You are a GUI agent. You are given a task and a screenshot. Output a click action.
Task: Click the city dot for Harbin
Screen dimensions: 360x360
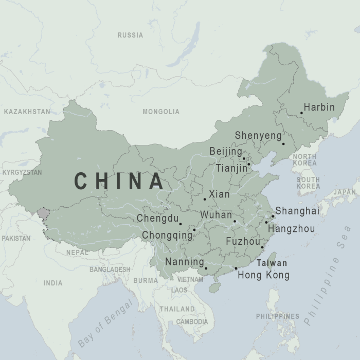(301, 113)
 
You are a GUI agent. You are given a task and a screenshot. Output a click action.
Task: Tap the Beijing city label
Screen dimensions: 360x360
(225, 152)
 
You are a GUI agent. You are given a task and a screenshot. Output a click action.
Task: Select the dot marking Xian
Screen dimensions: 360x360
(205, 199)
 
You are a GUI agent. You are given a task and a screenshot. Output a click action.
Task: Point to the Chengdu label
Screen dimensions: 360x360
(157, 219)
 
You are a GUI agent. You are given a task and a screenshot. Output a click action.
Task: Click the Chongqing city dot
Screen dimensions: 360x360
(194, 229)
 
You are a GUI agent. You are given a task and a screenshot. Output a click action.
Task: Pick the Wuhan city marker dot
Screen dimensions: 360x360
(235, 222)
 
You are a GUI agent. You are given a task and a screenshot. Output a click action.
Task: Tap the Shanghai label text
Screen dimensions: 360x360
(297, 211)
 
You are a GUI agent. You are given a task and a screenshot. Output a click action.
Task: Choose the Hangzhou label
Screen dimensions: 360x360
(292, 228)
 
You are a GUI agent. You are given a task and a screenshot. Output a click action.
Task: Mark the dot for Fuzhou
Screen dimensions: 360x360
(262, 247)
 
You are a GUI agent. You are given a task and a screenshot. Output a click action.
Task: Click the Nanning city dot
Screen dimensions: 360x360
(206, 268)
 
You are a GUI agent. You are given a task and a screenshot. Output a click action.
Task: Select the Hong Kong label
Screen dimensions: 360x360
(263, 275)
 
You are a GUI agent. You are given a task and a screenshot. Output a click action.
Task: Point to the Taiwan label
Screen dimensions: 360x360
(272, 263)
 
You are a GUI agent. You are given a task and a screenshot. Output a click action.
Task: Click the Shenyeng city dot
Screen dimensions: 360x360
(283, 143)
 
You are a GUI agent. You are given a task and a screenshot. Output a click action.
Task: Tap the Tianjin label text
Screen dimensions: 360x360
(231, 168)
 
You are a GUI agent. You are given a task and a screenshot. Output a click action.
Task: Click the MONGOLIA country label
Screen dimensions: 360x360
(161, 112)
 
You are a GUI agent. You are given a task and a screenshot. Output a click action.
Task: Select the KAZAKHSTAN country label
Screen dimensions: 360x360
(27, 111)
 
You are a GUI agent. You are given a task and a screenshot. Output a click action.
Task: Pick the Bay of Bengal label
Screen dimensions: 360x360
(105, 323)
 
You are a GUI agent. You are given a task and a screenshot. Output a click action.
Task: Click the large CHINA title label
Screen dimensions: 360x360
(119, 181)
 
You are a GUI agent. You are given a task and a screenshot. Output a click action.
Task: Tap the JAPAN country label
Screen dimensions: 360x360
(345, 192)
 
